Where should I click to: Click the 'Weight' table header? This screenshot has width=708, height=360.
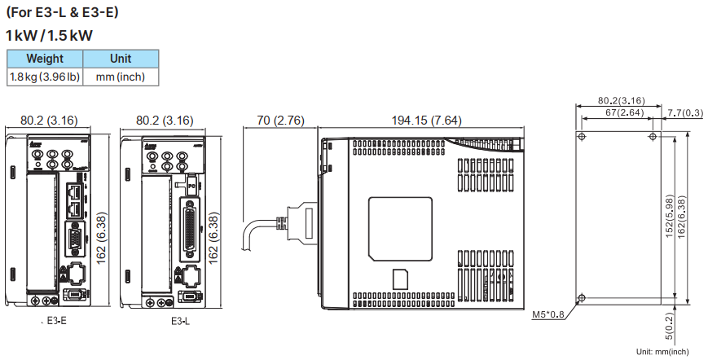point(45,59)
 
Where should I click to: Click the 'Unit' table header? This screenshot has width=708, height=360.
point(121,59)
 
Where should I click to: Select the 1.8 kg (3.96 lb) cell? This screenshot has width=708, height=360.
point(45,77)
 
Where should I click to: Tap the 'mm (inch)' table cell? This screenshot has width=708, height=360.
point(121,77)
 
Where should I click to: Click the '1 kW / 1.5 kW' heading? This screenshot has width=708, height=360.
point(49,36)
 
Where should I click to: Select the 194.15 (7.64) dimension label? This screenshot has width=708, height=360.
point(426,121)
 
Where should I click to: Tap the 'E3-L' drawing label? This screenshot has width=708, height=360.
point(181,322)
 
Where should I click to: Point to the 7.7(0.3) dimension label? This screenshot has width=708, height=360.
point(684,112)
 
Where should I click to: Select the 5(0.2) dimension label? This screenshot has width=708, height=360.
point(669,324)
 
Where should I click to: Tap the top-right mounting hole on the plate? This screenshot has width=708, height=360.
point(652,136)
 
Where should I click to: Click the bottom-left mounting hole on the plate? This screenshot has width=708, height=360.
point(581,296)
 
